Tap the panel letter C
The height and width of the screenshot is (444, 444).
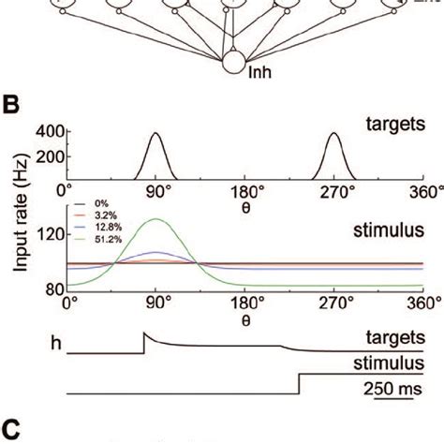click(10, 429)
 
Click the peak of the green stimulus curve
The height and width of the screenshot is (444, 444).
click(156, 220)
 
